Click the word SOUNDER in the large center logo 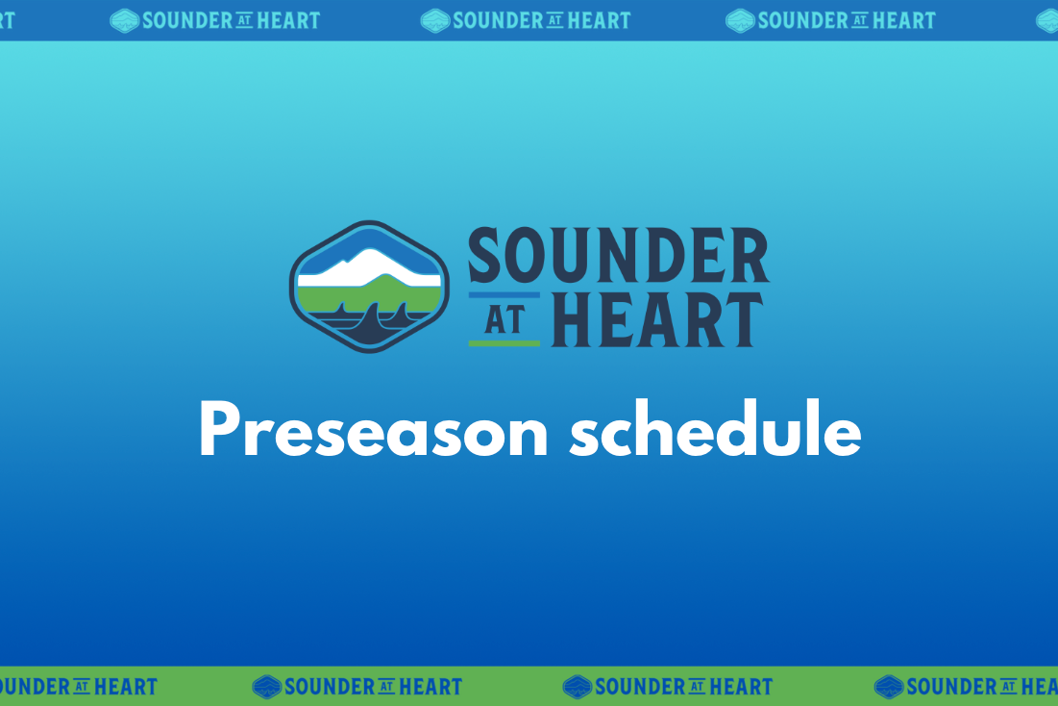618,257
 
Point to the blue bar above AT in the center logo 504,295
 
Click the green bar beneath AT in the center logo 504,342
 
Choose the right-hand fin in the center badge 403,312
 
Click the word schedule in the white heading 714,431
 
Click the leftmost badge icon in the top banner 125,20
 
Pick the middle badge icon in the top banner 435,20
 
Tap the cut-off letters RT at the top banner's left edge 8,20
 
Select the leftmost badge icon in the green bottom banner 266,687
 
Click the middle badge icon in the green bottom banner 578,687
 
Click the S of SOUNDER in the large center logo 487,257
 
